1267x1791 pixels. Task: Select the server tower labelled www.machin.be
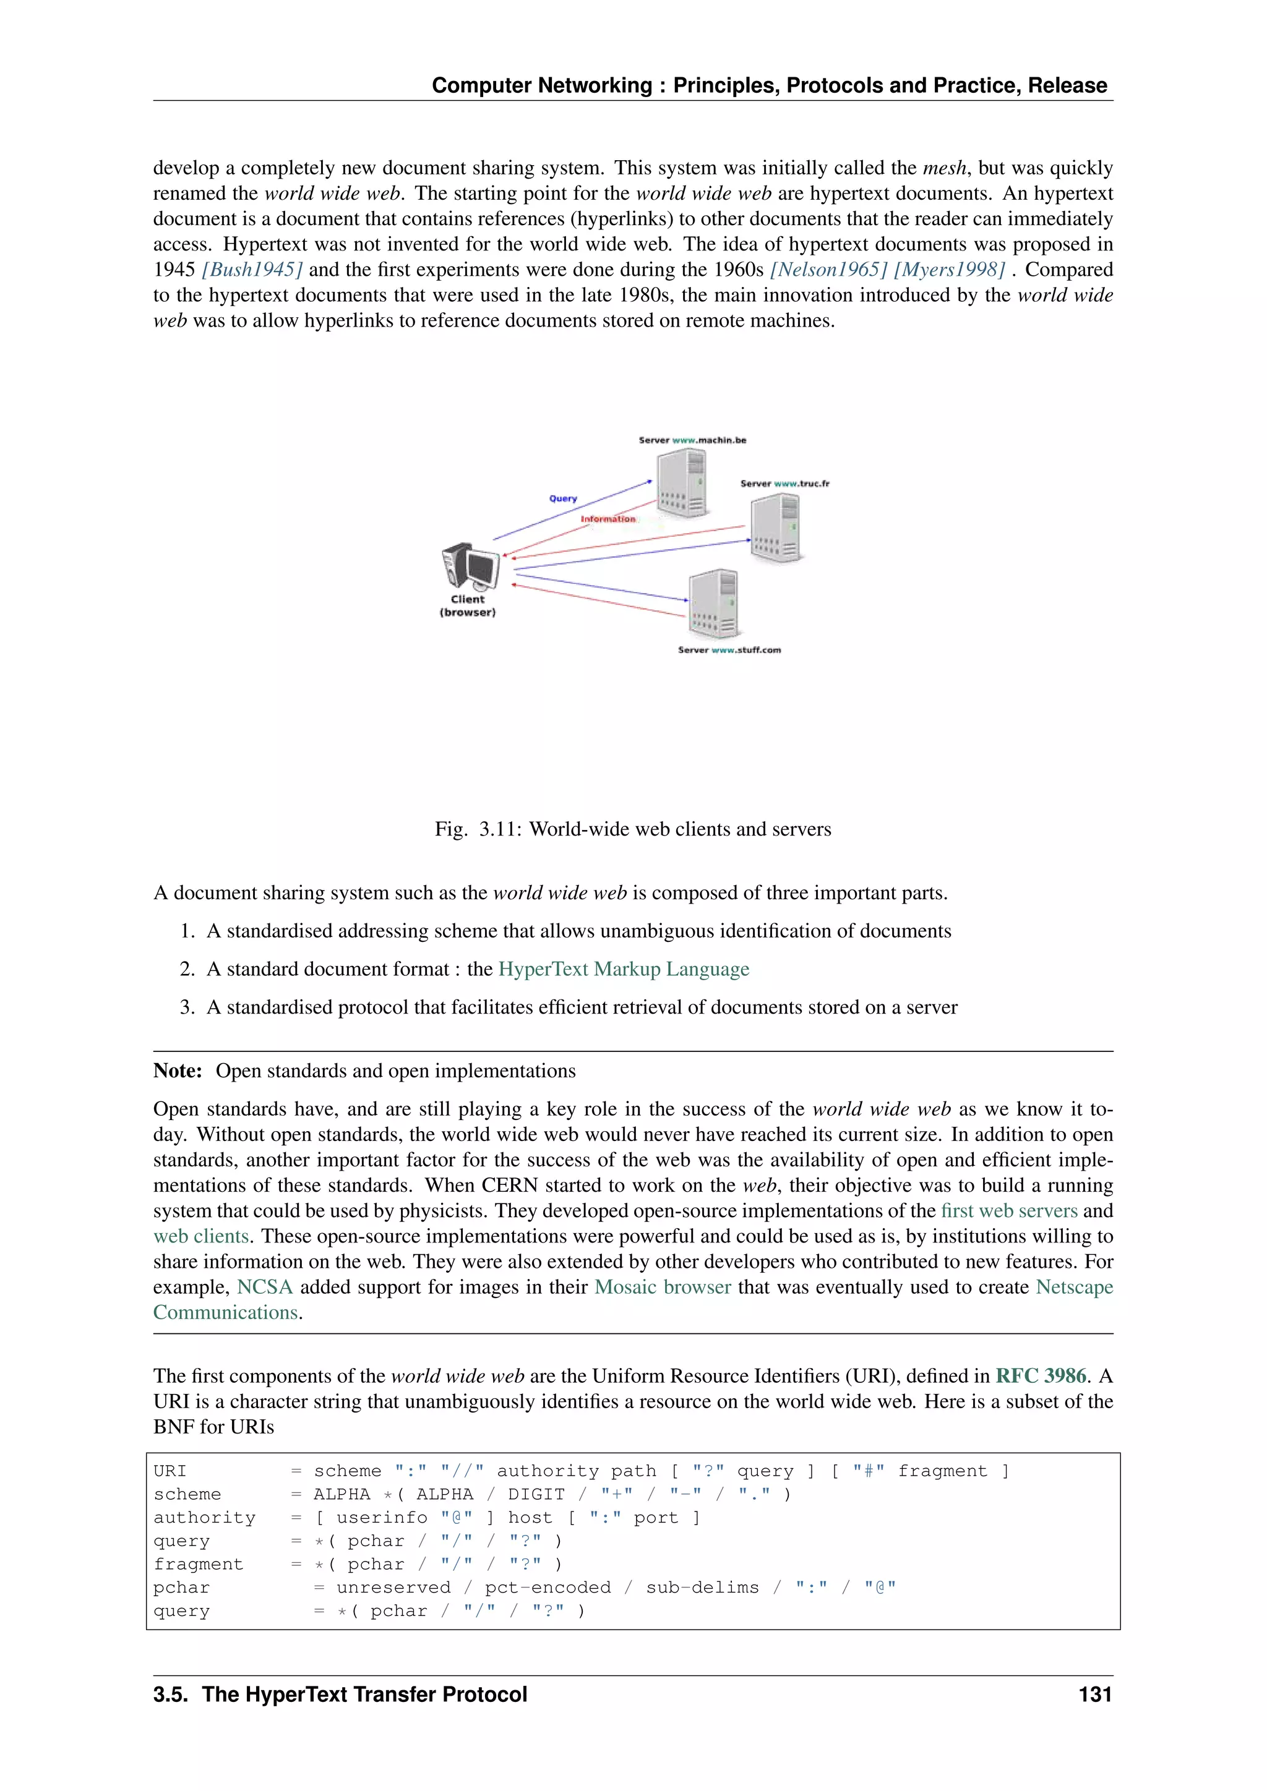click(681, 485)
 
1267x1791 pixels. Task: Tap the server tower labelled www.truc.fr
click(776, 529)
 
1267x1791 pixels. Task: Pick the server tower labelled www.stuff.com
click(713, 604)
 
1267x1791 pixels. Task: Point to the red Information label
click(608, 519)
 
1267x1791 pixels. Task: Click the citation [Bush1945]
click(252, 270)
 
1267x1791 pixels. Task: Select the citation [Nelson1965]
click(828, 270)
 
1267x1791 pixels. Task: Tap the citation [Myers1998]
click(948, 270)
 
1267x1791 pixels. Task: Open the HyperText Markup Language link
click(624, 969)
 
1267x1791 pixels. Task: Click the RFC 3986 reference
click(1041, 1376)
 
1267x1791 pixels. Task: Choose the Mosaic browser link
click(663, 1287)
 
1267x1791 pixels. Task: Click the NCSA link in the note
click(265, 1287)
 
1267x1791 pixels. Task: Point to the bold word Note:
click(178, 1071)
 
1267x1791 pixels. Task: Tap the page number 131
click(1094, 1695)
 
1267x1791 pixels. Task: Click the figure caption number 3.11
click(499, 829)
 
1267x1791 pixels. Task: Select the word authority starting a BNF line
click(204, 1518)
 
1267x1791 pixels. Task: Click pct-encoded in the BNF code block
click(547, 1588)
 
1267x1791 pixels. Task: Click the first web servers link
click(1009, 1211)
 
